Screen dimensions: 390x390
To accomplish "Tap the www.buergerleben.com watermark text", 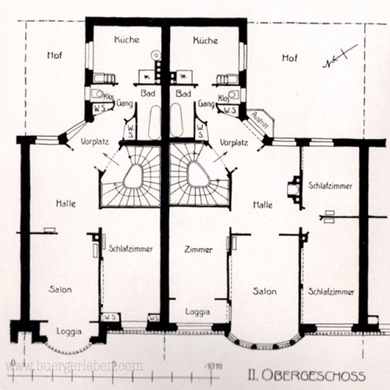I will point(74,366).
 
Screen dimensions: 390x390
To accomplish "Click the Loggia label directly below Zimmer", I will point(198,311).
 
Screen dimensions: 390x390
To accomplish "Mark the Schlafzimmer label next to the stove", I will point(330,185).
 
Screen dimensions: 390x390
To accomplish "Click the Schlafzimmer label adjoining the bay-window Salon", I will point(331,292).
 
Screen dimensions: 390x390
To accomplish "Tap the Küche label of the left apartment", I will point(127,40).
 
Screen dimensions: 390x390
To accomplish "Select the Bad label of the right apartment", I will point(183,94).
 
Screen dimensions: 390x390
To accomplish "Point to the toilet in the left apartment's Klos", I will point(97,94).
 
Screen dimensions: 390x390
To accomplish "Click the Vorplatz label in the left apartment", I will point(94,141).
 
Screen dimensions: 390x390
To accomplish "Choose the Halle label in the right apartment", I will point(263,205).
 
